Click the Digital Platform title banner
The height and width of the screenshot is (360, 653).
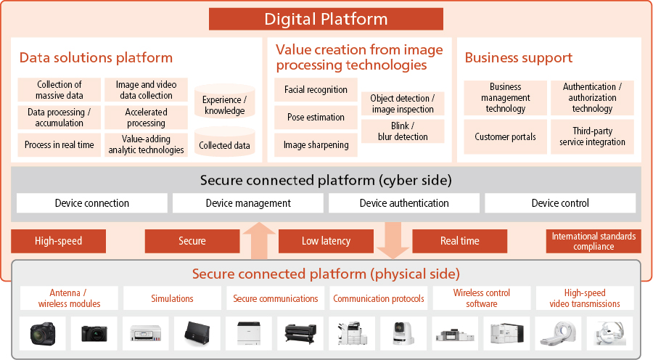click(x=326, y=19)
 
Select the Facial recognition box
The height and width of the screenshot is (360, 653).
click(x=316, y=89)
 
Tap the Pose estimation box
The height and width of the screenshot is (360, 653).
click(x=316, y=117)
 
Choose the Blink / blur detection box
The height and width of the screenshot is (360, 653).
click(x=403, y=131)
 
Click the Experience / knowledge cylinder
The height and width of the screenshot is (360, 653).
click(x=224, y=102)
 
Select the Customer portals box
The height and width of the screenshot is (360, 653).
click(x=505, y=136)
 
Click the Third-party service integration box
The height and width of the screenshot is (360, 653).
click(x=592, y=136)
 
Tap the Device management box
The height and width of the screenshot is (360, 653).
click(x=248, y=203)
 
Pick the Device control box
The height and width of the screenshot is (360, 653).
click(x=560, y=203)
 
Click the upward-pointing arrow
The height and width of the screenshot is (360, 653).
click(x=258, y=241)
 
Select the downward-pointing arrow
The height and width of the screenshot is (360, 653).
click(x=393, y=240)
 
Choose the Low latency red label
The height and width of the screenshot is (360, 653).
click(x=326, y=241)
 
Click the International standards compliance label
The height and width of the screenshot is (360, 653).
click(x=594, y=241)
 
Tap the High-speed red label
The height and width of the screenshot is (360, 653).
click(x=58, y=241)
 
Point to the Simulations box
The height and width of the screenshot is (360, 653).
click(x=172, y=298)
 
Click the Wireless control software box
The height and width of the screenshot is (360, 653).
click(x=482, y=298)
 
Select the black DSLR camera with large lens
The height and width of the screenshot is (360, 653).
click(x=43, y=333)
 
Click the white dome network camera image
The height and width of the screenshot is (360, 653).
click(x=403, y=333)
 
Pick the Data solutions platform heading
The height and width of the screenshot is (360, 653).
click(x=96, y=57)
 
